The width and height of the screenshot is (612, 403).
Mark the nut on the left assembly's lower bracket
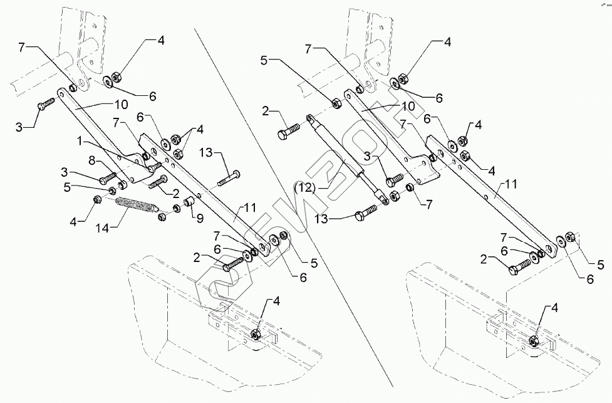tap(256, 333)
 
